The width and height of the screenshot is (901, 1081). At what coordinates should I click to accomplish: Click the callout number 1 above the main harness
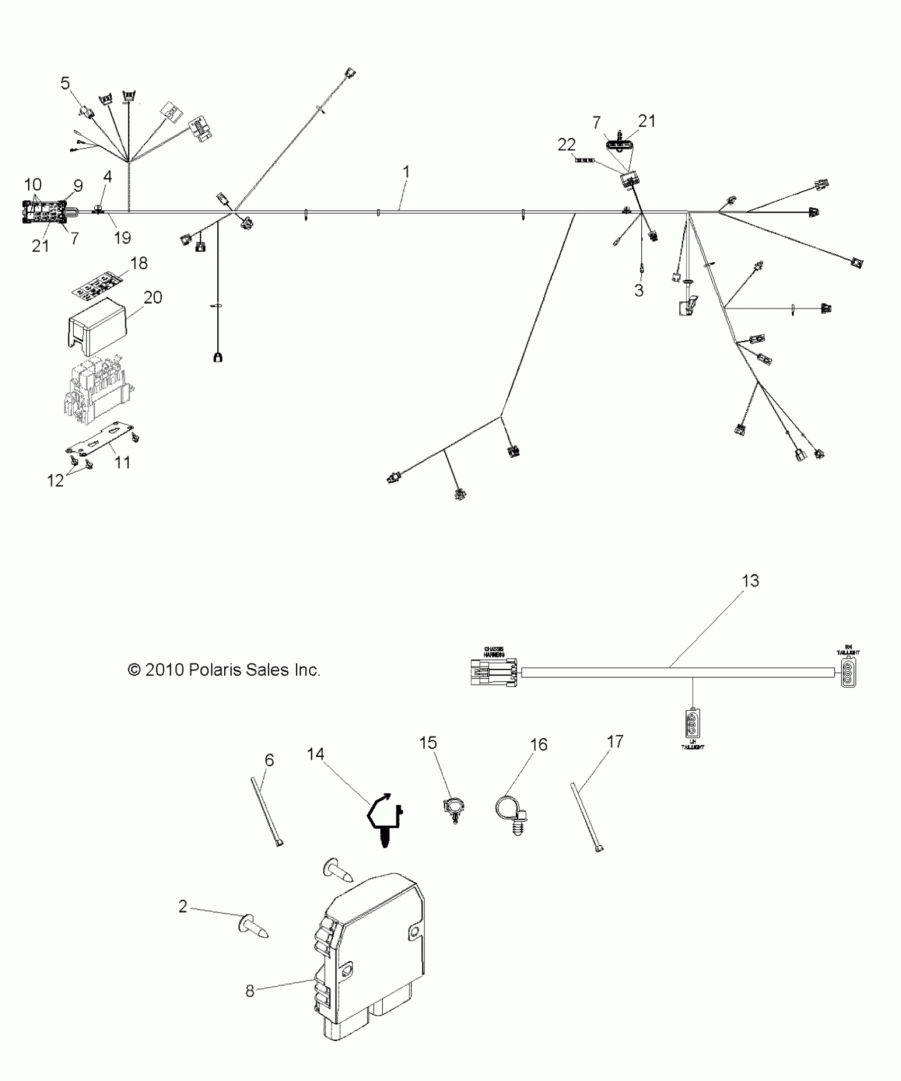pos(406,172)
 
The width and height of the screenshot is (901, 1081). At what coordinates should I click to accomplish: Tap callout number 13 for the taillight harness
pos(750,581)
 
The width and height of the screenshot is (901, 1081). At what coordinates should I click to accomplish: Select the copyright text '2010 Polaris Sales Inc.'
pos(224,670)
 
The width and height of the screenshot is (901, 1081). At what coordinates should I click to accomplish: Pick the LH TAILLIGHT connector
pos(692,722)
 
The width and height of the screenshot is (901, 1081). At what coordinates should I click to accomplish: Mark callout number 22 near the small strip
pos(567,145)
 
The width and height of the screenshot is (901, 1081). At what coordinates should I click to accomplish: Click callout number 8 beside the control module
pos(250,991)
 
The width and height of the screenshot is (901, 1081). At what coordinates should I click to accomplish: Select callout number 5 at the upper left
pos(65,84)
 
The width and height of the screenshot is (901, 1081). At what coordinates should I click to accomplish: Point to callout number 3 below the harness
pos(639,290)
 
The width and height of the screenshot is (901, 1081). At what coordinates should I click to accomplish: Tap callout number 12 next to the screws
pos(56,480)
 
